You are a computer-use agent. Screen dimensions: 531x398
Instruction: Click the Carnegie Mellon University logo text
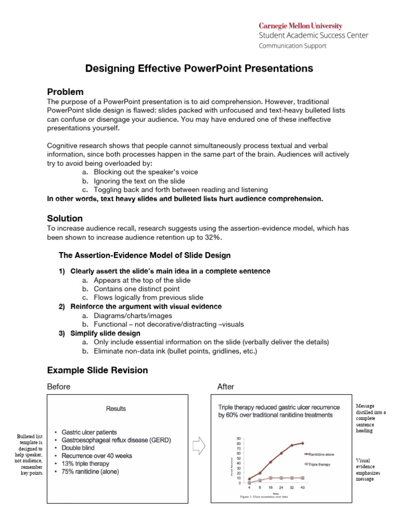(x=301, y=26)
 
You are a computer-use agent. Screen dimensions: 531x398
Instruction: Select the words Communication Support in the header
(x=292, y=46)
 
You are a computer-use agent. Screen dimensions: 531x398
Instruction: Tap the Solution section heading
(x=65, y=219)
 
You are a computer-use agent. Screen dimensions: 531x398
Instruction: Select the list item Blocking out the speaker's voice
(x=146, y=172)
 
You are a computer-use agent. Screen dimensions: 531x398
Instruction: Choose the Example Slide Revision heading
(x=97, y=370)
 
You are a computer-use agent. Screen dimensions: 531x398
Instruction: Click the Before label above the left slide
(x=59, y=387)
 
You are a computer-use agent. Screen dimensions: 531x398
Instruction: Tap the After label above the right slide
(x=226, y=387)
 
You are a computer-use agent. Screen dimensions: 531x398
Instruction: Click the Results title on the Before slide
(x=116, y=409)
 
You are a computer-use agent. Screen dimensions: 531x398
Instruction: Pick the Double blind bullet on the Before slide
(x=79, y=448)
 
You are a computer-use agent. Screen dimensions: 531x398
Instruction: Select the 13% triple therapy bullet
(x=86, y=464)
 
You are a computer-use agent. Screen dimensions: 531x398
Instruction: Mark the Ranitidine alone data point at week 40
(x=303, y=443)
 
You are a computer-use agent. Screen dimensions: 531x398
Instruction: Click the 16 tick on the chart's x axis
(x=270, y=488)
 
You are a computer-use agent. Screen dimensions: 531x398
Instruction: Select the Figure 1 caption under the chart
(x=264, y=497)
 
